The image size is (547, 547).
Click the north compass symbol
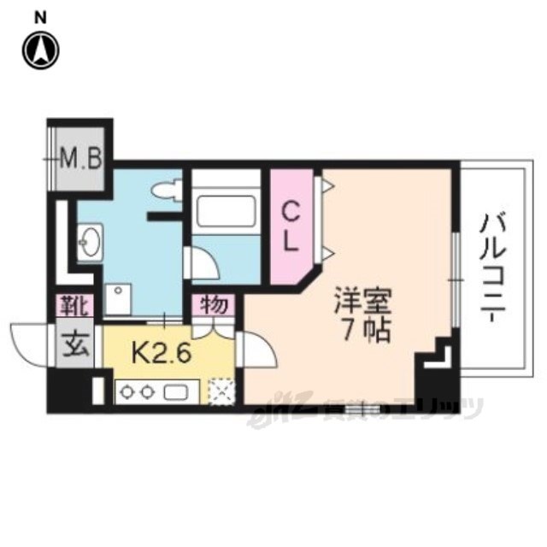tap(40, 50)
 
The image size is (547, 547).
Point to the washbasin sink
tap(91, 243)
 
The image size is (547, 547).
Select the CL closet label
tap(291, 224)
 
